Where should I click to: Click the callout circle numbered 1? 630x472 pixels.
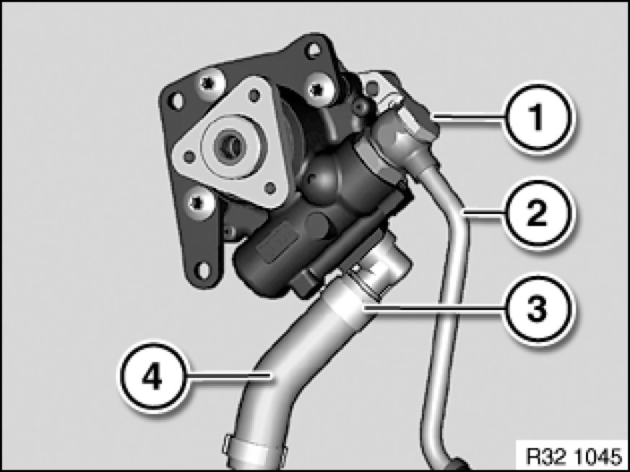[x=538, y=117]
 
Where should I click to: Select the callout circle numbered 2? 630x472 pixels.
[x=538, y=213]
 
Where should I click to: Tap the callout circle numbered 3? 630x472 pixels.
[x=538, y=309]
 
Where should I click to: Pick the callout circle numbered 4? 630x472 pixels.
[x=153, y=377]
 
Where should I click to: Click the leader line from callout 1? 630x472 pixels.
[x=469, y=117]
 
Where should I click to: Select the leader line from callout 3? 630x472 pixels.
[x=433, y=309]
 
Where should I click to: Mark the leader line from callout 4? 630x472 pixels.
[x=230, y=377]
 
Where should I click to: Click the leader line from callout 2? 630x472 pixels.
[x=484, y=213]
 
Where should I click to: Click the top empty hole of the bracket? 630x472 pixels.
[x=312, y=50]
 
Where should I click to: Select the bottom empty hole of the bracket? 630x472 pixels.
[x=203, y=270]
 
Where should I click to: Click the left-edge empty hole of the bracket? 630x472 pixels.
[x=176, y=100]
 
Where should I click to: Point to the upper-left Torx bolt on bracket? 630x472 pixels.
[x=209, y=83]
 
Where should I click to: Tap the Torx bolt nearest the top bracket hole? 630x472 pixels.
[x=318, y=88]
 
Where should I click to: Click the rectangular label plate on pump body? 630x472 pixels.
[x=277, y=242]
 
